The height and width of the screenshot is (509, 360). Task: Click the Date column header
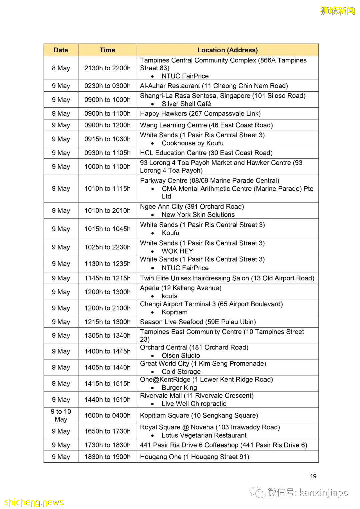tap(61, 50)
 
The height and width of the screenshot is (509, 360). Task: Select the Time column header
tap(107, 50)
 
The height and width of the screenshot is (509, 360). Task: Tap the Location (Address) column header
tap(227, 50)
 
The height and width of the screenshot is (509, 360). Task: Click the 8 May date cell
tap(61, 68)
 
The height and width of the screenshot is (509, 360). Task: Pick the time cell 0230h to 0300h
tap(107, 86)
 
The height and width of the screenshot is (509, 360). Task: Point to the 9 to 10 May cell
tap(61, 415)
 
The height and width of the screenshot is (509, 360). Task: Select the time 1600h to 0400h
tap(107, 415)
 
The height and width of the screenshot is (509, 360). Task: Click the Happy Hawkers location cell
tap(200, 113)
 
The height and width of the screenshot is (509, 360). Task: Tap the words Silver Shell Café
tap(186, 104)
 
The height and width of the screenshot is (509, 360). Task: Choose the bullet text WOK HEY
tap(177, 251)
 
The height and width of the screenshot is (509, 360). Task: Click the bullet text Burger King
tap(179, 387)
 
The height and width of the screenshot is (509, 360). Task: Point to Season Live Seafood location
tap(198, 322)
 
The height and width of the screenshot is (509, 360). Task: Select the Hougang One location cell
tap(194, 457)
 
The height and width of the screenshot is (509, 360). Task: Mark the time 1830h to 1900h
tap(107, 457)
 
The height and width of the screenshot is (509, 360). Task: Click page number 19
tap(313, 476)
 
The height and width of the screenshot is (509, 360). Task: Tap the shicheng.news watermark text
tap(34, 502)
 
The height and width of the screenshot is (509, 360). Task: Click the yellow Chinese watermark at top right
tap(337, 11)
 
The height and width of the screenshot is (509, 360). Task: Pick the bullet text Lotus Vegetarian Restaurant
tap(204, 435)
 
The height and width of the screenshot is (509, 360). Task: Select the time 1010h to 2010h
tap(107, 211)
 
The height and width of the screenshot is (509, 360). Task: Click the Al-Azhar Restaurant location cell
tap(214, 86)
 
